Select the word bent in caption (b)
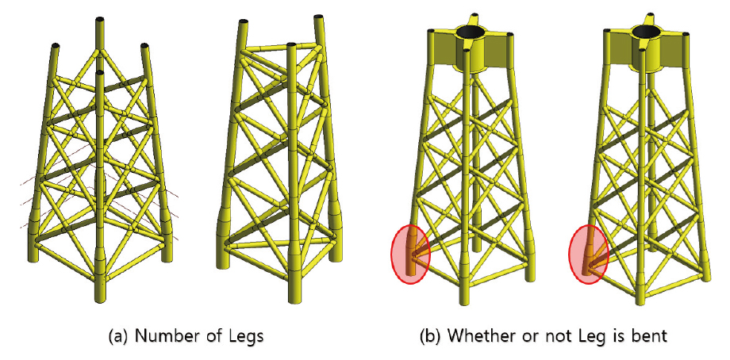(x=651, y=335)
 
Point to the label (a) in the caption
(x=117, y=336)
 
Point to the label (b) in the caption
(x=429, y=336)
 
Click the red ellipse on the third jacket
(x=410, y=254)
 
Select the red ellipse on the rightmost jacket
(x=589, y=254)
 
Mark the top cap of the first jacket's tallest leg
(x=100, y=20)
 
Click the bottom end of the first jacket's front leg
(x=100, y=299)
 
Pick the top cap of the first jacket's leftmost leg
(x=56, y=45)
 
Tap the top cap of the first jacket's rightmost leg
(x=144, y=45)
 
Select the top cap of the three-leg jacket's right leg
(x=319, y=17)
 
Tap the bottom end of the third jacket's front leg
(x=463, y=301)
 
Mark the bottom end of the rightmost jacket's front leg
(x=642, y=301)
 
